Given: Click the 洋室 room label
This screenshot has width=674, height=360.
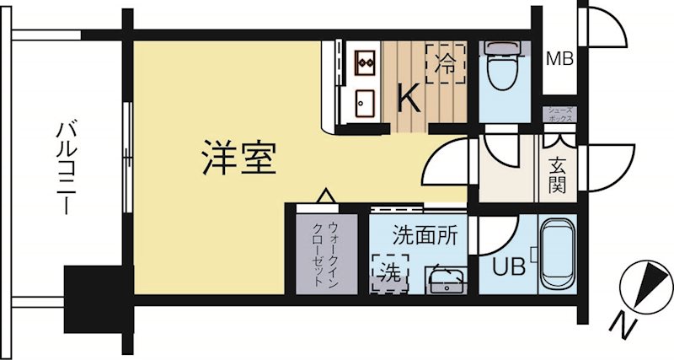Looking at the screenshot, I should click(x=239, y=158).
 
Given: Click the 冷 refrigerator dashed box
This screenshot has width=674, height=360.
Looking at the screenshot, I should click(x=445, y=63).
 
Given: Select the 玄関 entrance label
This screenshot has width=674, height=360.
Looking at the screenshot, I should click(x=559, y=173).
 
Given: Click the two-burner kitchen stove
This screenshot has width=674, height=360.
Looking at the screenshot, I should click(x=365, y=61).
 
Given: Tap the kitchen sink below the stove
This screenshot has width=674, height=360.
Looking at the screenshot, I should click(x=364, y=105).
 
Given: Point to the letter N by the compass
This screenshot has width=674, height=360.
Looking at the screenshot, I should click(x=619, y=324).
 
